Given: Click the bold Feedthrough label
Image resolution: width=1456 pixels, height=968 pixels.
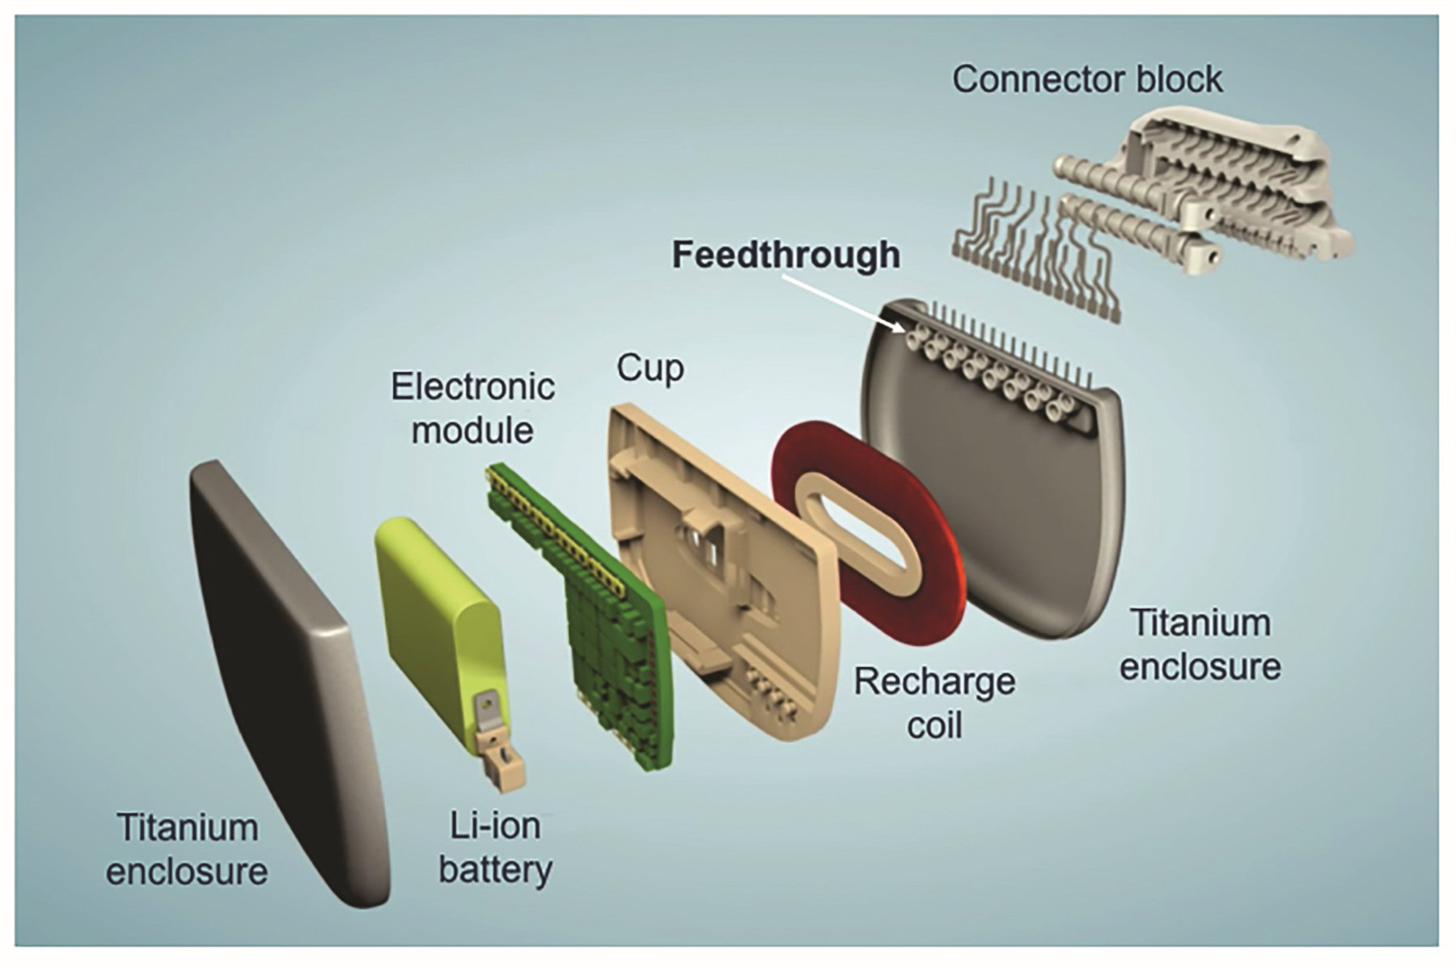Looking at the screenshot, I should tap(785, 255).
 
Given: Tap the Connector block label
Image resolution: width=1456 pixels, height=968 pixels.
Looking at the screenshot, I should tap(1086, 79).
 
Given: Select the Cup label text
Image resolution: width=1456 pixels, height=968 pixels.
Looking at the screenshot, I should tap(650, 368).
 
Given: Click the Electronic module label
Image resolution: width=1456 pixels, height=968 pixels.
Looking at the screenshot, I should tap(472, 408).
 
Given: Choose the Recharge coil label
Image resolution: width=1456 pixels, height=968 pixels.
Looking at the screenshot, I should tap(934, 703).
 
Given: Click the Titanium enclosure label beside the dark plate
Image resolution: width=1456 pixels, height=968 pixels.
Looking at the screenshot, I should tap(187, 849).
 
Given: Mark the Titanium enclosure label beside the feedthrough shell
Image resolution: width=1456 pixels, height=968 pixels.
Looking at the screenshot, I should tap(1200, 645).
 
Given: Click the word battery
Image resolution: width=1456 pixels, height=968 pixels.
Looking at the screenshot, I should tap(495, 870).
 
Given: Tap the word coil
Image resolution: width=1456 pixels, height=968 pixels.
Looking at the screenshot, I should tap(934, 725).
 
